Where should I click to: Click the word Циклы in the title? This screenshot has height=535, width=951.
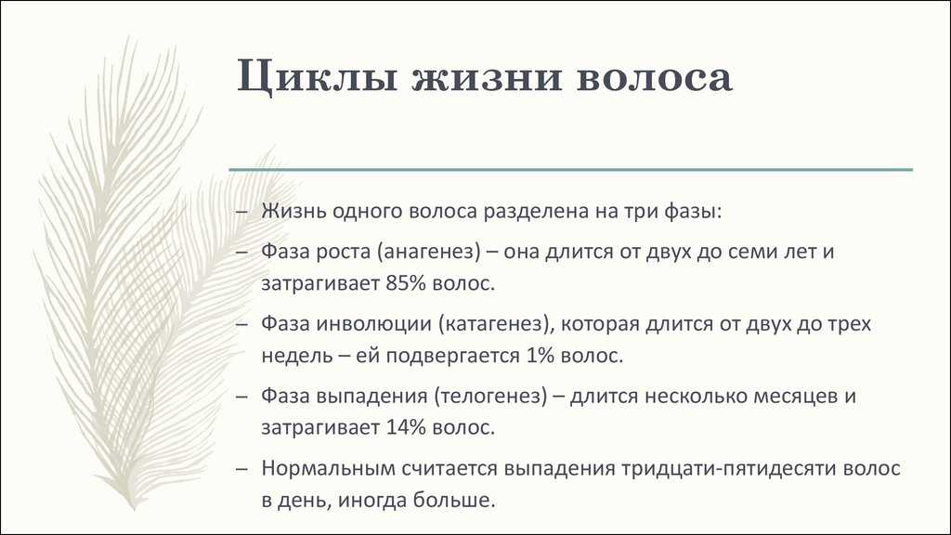317,78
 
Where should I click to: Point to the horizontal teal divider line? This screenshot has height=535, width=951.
571,170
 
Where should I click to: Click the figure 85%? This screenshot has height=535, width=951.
406,283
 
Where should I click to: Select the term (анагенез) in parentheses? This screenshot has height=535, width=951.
429,252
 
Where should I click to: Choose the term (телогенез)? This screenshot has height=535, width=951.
490,396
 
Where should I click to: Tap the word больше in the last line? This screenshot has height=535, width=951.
454,499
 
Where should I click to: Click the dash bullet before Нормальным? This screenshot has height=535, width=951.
242,469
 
